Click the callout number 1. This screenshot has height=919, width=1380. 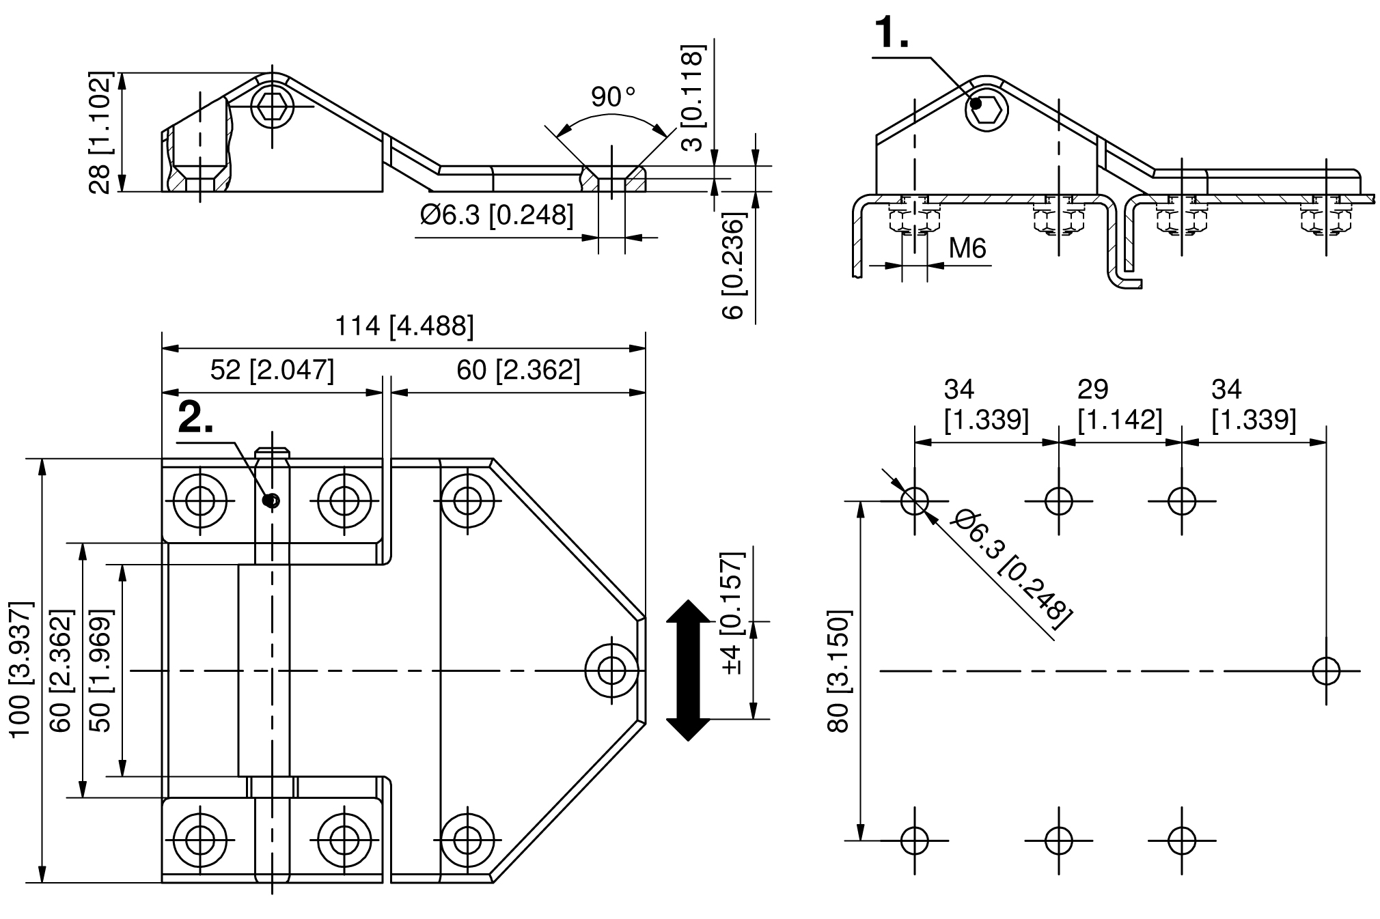pyautogui.click(x=892, y=33)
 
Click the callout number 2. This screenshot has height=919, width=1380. pyautogui.click(x=195, y=418)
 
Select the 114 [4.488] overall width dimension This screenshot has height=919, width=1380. pyautogui.click(x=404, y=326)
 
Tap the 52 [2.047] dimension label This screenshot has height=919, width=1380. pyautogui.click(x=272, y=370)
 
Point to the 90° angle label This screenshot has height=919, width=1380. pyautogui.click(x=613, y=97)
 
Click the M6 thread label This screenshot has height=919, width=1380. pyautogui.click(x=967, y=249)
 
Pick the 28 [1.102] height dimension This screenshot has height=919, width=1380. pyautogui.click(x=100, y=132)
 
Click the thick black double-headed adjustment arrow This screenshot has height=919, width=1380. pyautogui.click(x=688, y=670)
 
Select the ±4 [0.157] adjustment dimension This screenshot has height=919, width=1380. pyautogui.click(x=732, y=613)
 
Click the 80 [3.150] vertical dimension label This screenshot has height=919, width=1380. pyautogui.click(x=838, y=670)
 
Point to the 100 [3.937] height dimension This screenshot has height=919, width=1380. pyautogui.click(x=20, y=669)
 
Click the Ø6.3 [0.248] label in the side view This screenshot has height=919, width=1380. pyautogui.click(x=497, y=216)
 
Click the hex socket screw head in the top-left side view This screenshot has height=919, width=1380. pyautogui.click(x=273, y=107)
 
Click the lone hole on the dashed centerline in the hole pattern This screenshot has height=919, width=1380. pyautogui.click(x=1326, y=670)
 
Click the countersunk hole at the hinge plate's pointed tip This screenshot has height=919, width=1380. pyautogui.click(x=612, y=670)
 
